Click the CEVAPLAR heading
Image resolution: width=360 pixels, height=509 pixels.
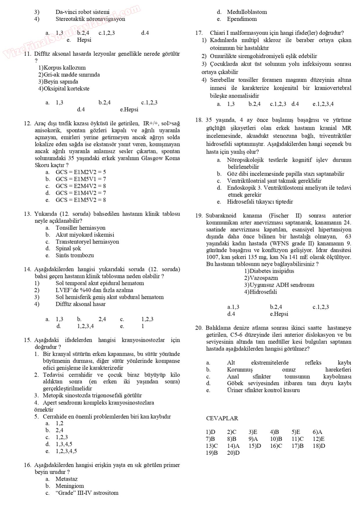click(222, 418)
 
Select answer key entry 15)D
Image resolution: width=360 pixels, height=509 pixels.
click(255, 446)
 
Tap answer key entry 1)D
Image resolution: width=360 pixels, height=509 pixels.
click(210, 432)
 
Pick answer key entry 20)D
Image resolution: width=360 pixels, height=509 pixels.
click(233, 453)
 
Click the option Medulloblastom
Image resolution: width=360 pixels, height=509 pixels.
click(247, 12)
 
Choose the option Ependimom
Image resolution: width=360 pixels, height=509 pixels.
click(242, 19)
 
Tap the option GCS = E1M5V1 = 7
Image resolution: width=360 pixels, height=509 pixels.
click(81, 179)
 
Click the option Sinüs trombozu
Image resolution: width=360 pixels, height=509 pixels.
click(75, 255)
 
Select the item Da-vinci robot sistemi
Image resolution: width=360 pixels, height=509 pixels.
click(82, 12)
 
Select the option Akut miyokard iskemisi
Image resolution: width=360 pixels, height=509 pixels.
click(85, 234)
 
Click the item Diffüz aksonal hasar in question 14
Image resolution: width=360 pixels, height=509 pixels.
click(80, 304)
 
